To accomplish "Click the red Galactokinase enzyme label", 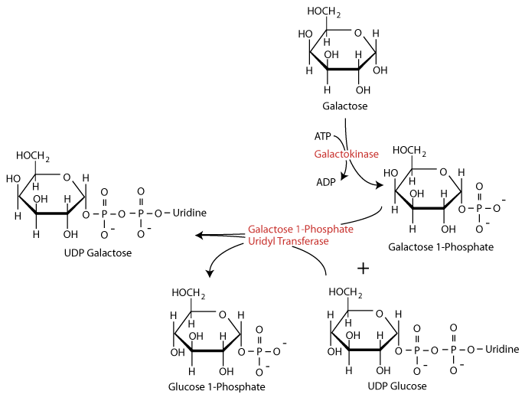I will (346, 155).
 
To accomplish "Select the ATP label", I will (323, 136).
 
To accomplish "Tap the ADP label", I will (325, 183).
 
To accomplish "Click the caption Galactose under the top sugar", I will (344, 106).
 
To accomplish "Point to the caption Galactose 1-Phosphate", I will (440, 246).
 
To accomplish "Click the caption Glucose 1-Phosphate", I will (217, 386).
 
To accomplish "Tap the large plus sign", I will (364, 268).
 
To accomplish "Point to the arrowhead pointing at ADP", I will (345, 178).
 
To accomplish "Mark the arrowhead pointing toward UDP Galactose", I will (200, 236).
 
